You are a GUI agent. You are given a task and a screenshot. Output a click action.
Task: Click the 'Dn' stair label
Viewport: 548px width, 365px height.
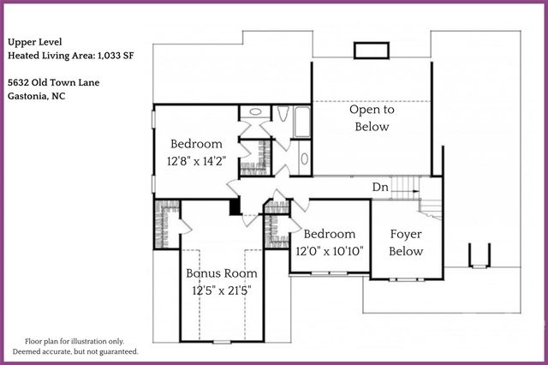pos(381,187)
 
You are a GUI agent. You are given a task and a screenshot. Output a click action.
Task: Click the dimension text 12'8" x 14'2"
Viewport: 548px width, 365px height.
pos(196,160)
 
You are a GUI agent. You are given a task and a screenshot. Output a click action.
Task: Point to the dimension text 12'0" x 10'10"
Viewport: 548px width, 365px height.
pos(330,252)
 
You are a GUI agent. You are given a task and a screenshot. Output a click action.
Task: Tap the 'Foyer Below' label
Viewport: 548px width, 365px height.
pos(406,242)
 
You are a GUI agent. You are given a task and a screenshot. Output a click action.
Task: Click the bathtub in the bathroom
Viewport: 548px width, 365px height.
pos(301,122)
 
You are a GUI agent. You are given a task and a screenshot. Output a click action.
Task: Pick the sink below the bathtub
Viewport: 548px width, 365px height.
pos(303,159)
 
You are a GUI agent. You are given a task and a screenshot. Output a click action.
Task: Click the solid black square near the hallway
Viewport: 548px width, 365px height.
pos(235,206)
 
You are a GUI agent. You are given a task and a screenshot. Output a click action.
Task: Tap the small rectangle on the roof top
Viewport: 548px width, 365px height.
pos(368,51)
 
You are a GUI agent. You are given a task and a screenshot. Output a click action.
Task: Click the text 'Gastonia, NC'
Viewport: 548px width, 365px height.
pos(37,97)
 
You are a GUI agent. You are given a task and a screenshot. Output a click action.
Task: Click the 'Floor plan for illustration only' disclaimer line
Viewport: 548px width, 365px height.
pos(74,340)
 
